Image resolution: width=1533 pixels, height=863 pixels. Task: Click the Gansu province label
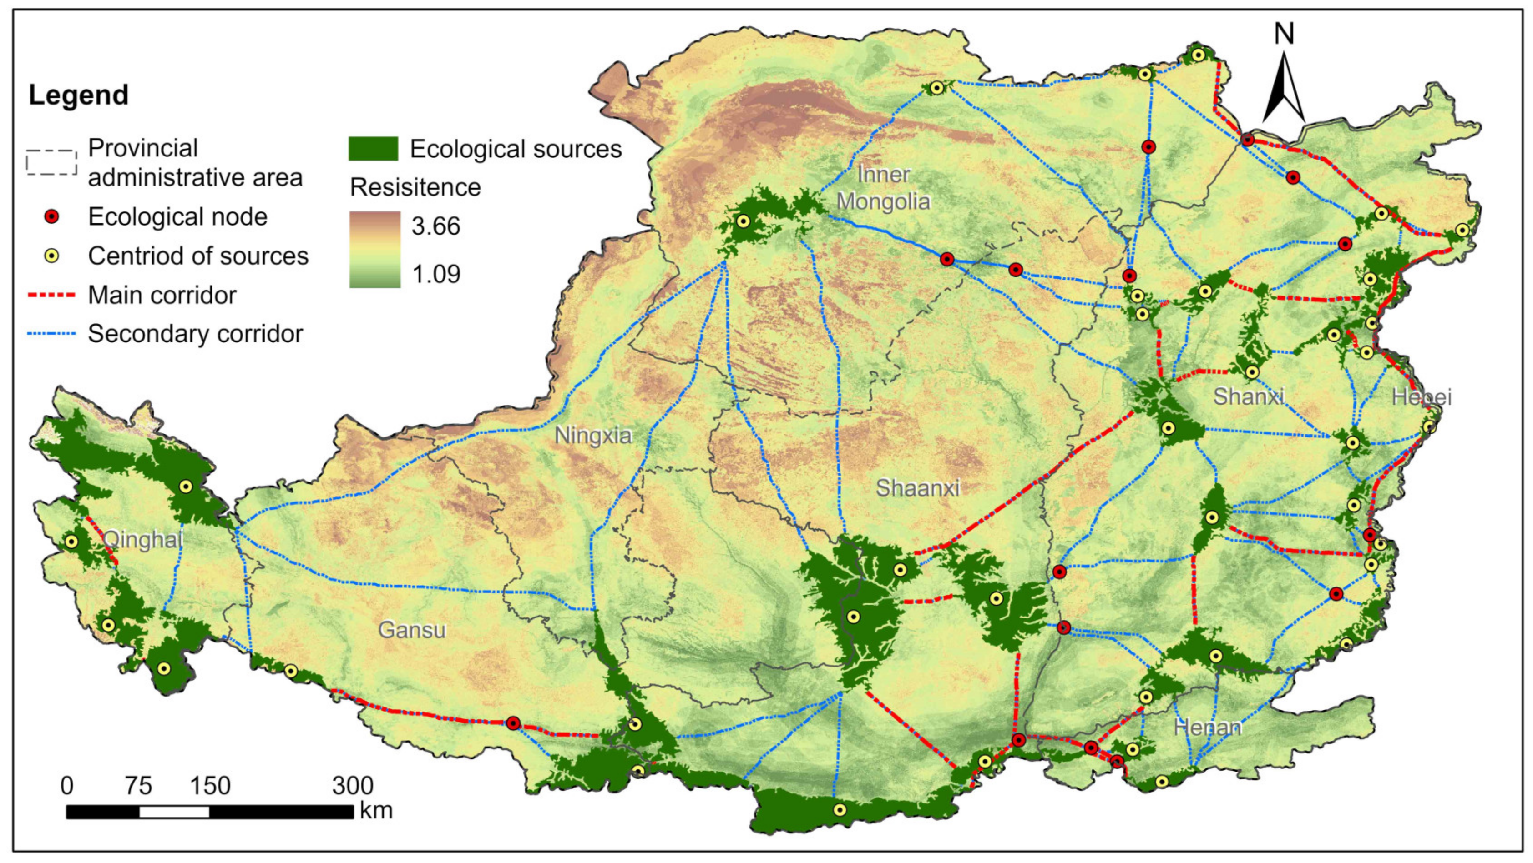point(412,630)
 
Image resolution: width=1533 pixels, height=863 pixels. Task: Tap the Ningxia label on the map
point(593,436)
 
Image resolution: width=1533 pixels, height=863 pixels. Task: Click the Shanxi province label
point(1249,396)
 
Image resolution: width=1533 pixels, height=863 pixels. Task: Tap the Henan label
point(1208,727)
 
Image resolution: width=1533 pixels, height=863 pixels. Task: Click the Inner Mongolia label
point(883,188)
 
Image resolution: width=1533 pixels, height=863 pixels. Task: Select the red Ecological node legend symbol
point(52,217)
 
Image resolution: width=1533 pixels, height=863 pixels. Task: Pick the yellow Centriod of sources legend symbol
point(52,256)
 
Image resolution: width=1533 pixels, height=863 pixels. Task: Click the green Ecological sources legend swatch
point(373,149)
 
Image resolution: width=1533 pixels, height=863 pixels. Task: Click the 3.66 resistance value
point(435,226)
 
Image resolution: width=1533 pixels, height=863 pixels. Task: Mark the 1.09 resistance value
point(435,274)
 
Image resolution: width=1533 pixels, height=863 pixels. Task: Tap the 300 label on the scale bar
point(352,786)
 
